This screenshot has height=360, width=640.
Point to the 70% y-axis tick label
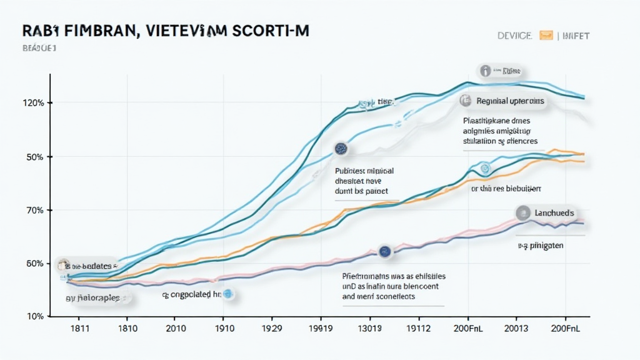[35, 210]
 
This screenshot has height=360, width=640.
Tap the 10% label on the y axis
[35, 316]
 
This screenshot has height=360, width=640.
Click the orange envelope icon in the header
[546, 36]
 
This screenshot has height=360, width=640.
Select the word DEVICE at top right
[514, 36]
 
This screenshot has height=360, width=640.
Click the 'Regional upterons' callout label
[509, 101]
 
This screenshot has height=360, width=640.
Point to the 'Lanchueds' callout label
[552, 213]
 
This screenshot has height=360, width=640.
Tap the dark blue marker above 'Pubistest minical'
[341, 149]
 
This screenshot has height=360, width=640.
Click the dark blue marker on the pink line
[384, 251]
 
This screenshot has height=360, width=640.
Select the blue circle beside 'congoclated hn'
[228, 292]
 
